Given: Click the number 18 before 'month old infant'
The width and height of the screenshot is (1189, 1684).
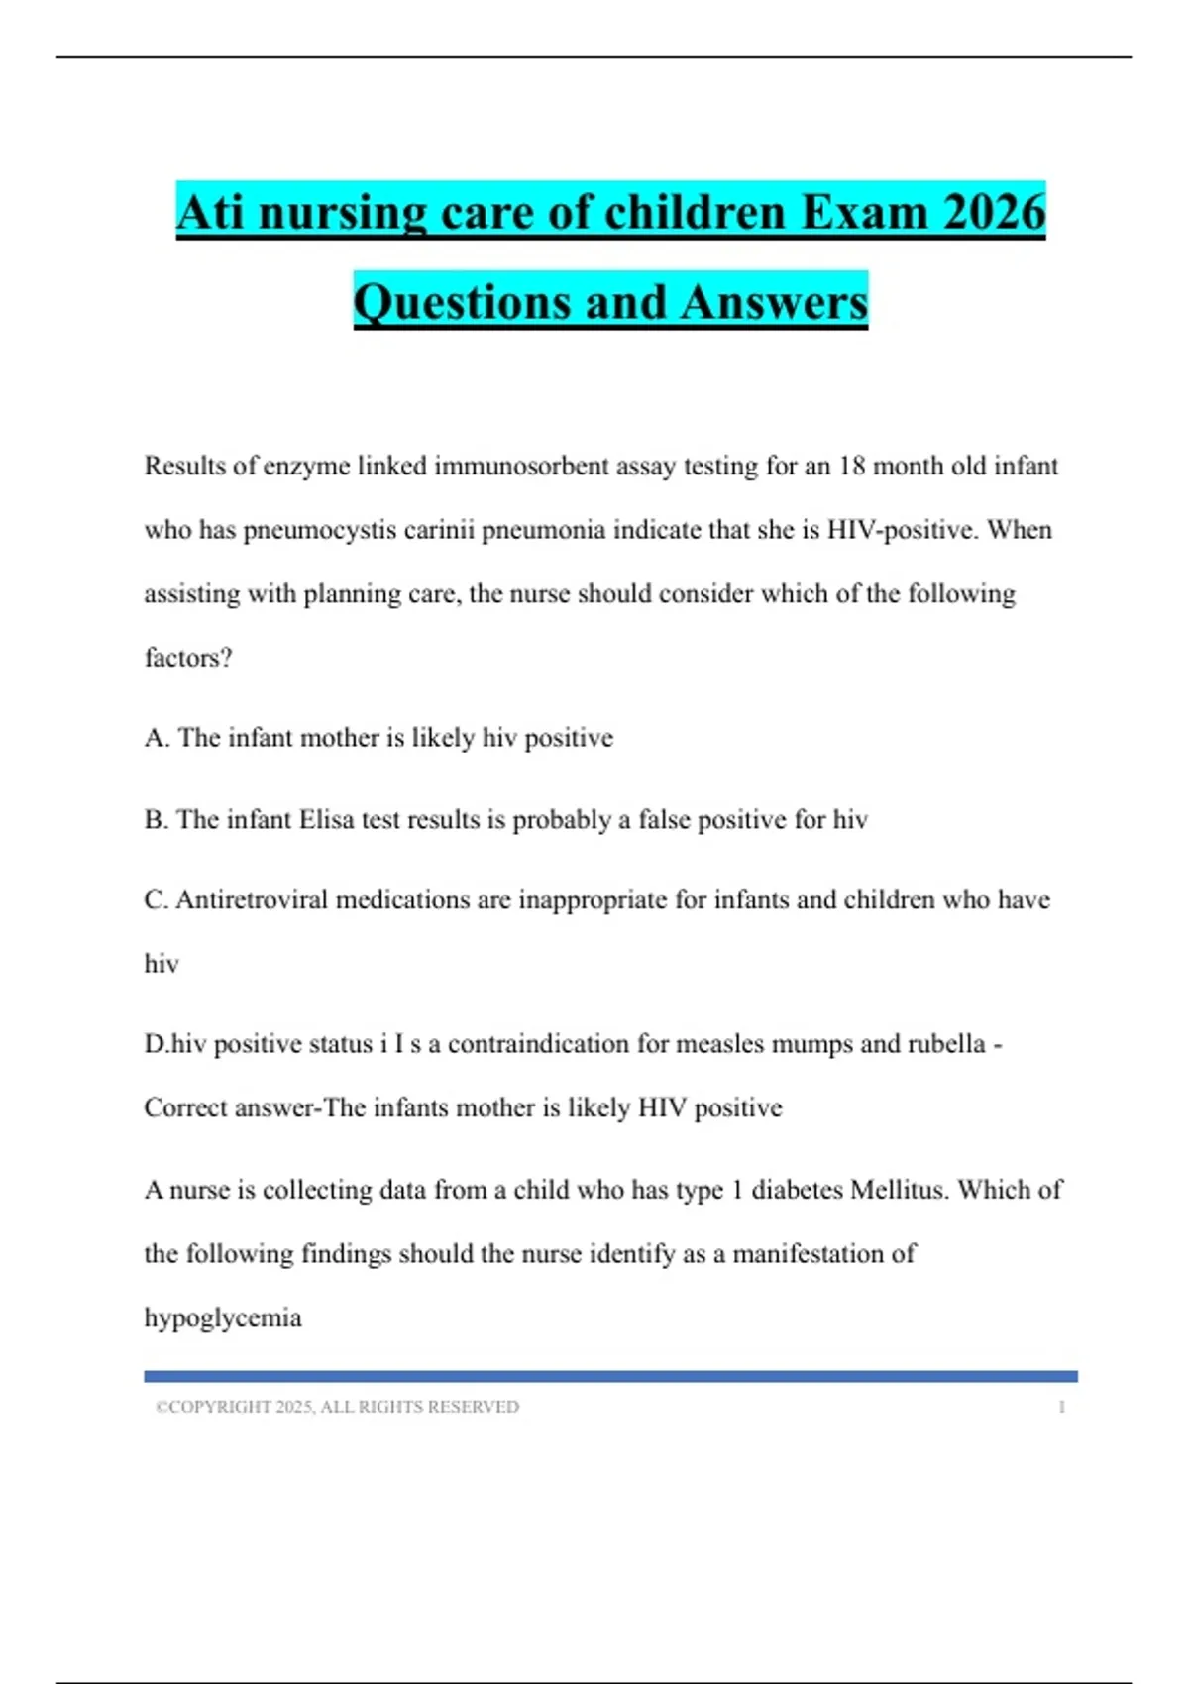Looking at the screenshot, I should [x=851, y=466].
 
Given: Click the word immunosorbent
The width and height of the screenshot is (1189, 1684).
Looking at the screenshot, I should [x=521, y=466].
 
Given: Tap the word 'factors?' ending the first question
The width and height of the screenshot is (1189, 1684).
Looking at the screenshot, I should [x=188, y=658].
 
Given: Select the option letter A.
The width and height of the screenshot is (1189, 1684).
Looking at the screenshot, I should [x=156, y=738].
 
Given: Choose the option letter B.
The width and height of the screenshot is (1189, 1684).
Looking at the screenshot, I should [x=156, y=820].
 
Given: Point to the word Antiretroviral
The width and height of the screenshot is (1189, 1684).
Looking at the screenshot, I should [x=251, y=899].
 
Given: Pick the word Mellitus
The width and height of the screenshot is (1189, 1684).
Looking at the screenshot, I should [x=898, y=1190].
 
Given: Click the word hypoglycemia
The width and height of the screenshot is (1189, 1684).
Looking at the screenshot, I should [x=223, y=1318].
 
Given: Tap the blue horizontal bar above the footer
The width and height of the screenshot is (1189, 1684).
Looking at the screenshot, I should [x=610, y=1376].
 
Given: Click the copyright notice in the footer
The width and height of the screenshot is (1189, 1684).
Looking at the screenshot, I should [x=337, y=1407].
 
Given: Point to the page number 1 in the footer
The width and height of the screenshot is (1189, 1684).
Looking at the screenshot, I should [x=1061, y=1407].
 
